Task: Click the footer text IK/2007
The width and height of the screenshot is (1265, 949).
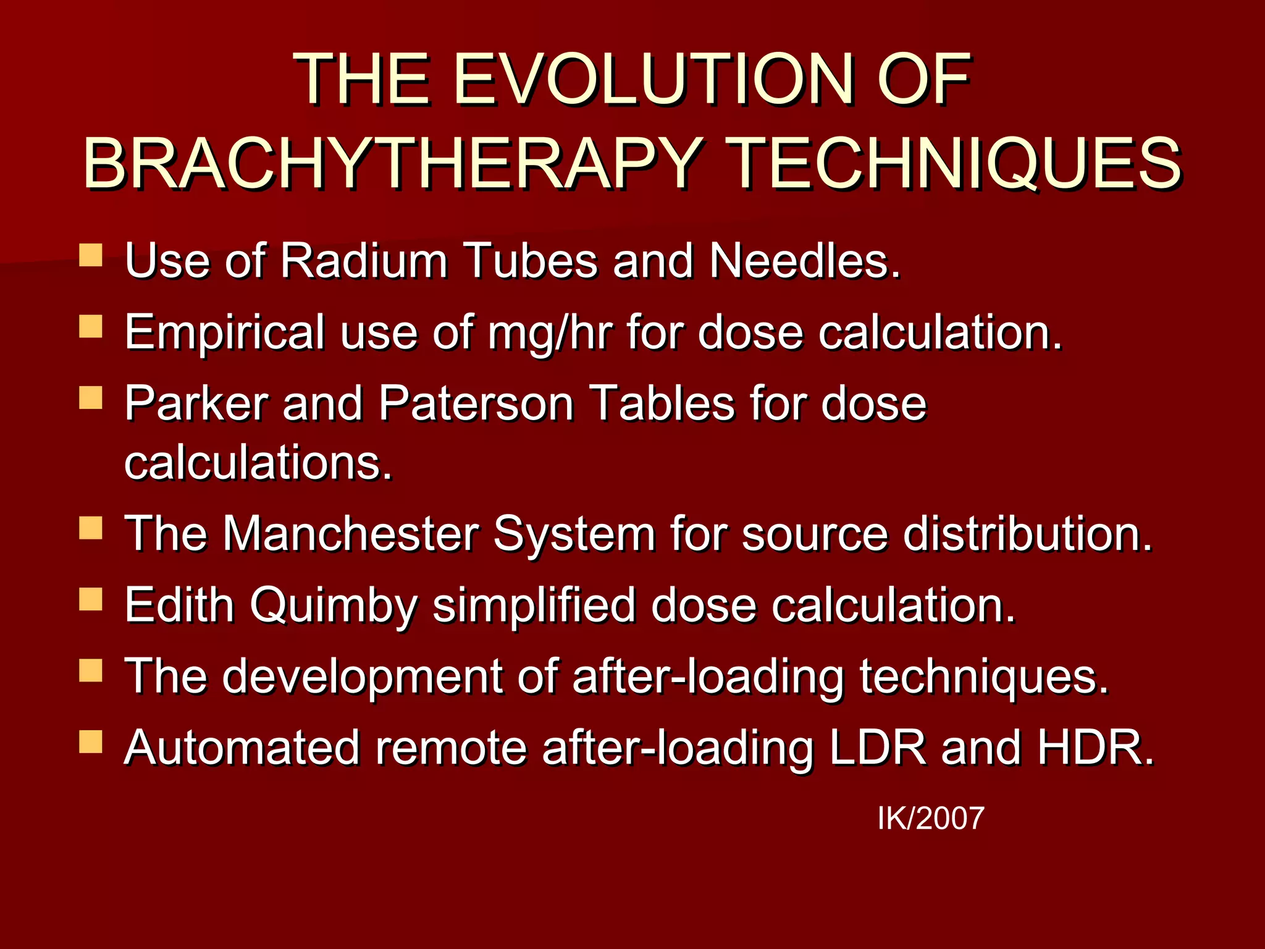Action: point(930,819)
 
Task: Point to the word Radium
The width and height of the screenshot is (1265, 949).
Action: point(364,261)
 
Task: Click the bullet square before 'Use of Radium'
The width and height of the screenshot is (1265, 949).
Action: point(91,255)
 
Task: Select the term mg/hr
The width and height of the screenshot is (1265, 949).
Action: point(550,332)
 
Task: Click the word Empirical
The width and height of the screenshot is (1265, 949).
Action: point(224,332)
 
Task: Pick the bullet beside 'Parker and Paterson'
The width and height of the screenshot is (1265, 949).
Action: point(91,399)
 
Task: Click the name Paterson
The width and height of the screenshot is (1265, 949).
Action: point(476,404)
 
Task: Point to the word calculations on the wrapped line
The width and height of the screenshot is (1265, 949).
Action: point(258,463)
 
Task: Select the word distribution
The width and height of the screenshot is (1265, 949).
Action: point(1027,533)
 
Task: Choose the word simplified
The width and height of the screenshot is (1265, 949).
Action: point(534,605)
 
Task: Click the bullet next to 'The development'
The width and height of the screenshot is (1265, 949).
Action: point(91,671)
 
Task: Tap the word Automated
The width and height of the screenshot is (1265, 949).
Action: point(242,748)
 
